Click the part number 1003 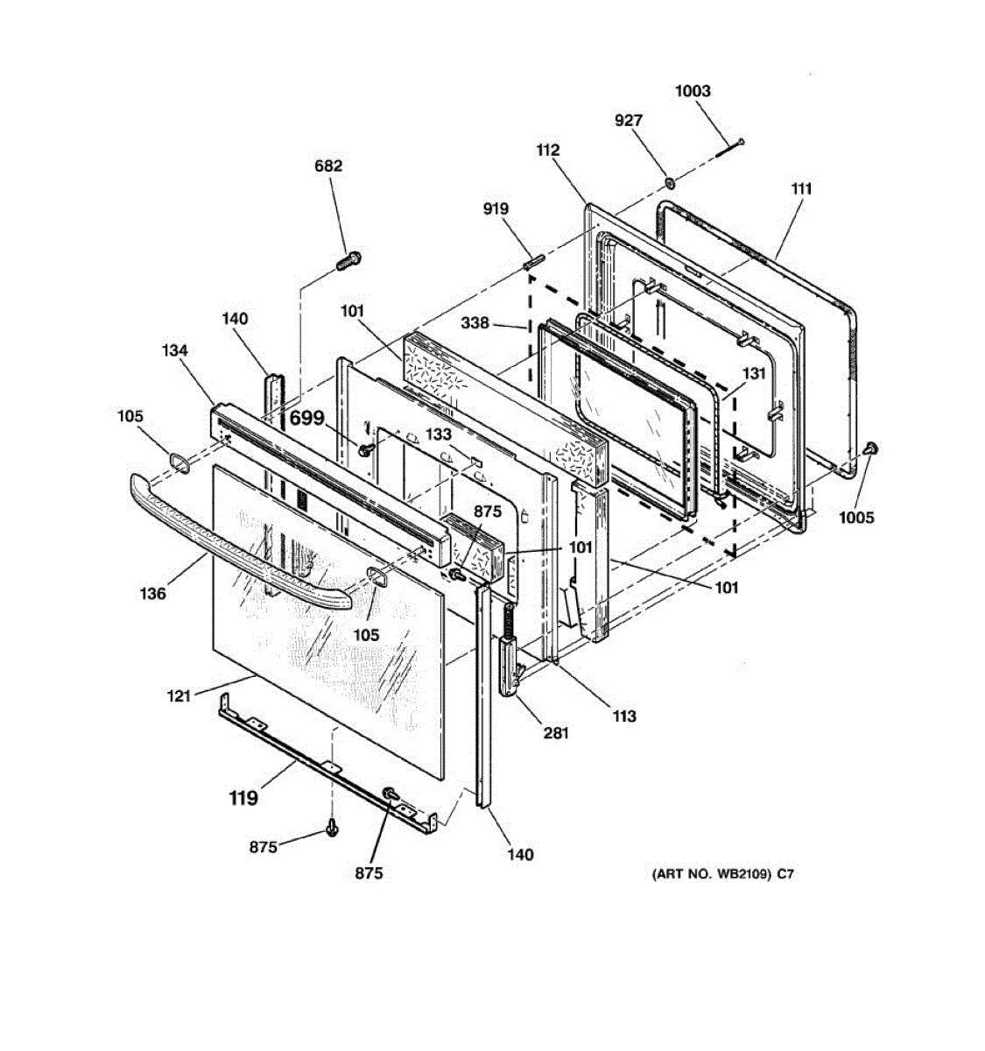tap(693, 91)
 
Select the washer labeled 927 tap(668, 184)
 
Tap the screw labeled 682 tap(350, 259)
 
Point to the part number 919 tap(495, 209)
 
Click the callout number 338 tap(475, 324)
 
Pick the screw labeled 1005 tap(870, 448)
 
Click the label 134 tap(174, 351)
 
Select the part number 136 tap(152, 594)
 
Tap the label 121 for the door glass tap(179, 696)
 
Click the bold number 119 tap(243, 798)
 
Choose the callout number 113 tap(624, 716)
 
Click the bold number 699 tap(306, 418)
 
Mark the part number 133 tap(439, 435)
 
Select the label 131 tap(754, 374)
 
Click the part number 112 tap(548, 151)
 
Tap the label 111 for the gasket tap(801, 188)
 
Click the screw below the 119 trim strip tap(332, 826)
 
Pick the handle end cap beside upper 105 tap(179, 462)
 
